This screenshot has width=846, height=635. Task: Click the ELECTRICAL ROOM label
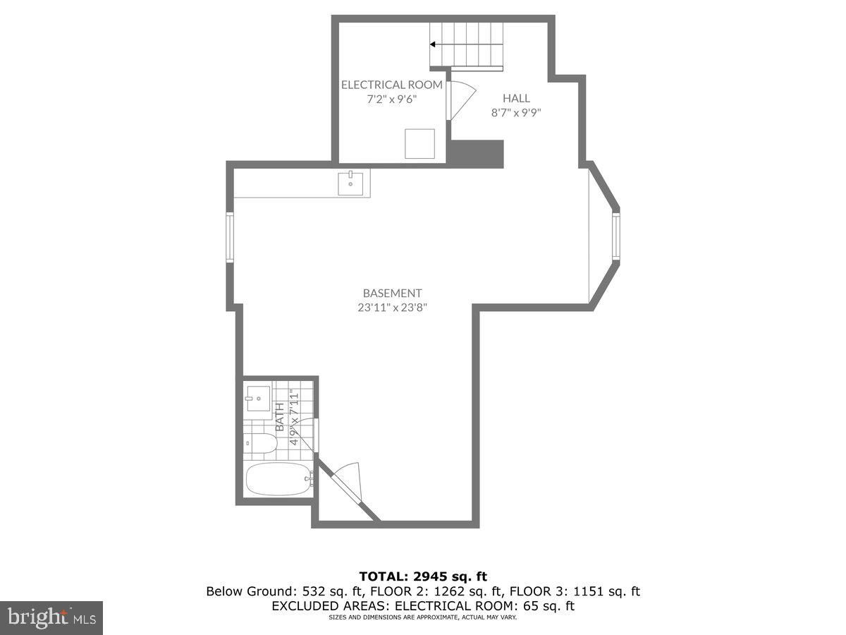click(x=391, y=85)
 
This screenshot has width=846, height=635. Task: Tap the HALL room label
click(x=516, y=98)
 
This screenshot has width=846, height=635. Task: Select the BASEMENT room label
click(x=393, y=293)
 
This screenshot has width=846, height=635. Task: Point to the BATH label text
click(x=280, y=417)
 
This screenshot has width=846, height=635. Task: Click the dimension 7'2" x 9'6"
click(x=391, y=99)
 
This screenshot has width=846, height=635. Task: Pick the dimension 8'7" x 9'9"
click(x=516, y=113)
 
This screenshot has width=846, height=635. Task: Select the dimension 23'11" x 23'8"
click(x=393, y=308)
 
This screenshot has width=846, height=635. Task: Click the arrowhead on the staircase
click(x=432, y=44)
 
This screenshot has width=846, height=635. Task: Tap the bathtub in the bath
click(x=279, y=479)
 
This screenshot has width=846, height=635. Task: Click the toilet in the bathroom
click(x=261, y=443)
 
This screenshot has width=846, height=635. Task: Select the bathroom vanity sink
click(x=258, y=399)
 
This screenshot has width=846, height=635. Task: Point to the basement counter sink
click(x=350, y=183)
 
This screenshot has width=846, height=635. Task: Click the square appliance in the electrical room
click(x=419, y=144)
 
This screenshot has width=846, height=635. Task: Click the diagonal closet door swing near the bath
click(x=347, y=482)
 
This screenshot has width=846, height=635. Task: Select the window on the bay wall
click(x=616, y=237)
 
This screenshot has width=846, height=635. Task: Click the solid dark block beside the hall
click(x=475, y=154)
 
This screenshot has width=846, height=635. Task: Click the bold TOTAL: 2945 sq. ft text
click(x=423, y=576)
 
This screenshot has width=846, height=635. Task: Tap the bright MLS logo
click(x=51, y=618)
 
